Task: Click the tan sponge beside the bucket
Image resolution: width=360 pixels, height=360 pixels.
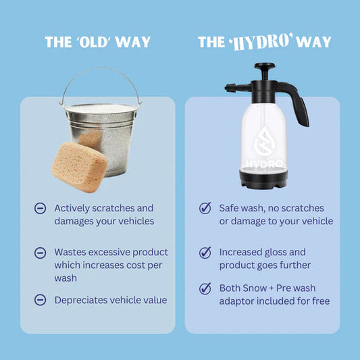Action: pyautogui.click(x=80, y=167)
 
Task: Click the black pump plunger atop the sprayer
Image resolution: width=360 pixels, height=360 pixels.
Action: pyautogui.click(x=265, y=71)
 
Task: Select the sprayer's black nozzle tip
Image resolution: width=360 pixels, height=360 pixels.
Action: pyautogui.click(x=230, y=88)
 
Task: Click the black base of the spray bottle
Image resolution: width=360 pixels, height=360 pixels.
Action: pyautogui.click(x=263, y=179)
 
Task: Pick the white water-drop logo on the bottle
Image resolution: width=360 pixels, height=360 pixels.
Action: pyautogui.click(x=263, y=141)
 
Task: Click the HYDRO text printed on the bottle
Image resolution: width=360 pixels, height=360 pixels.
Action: pyautogui.click(x=264, y=164)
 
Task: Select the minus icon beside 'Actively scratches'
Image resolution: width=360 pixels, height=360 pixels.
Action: pyautogui.click(x=40, y=208)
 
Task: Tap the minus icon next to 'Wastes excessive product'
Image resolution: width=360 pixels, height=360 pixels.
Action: pyautogui.click(x=40, y=253)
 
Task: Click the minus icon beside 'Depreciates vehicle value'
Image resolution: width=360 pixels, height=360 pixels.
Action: pyautogui.click(x=40, y=300)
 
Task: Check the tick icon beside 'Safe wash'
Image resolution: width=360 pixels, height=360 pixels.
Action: pyautogui.click(x=205, y=208)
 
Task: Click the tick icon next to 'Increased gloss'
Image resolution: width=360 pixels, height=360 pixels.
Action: pyautogui.click(x=205, y=253)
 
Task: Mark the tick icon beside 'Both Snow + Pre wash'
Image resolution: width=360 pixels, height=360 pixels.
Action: pyautogui.click(x=205, y=288)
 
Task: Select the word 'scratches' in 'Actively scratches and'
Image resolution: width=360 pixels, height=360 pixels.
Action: pyautogui.click(x=113, y=208)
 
